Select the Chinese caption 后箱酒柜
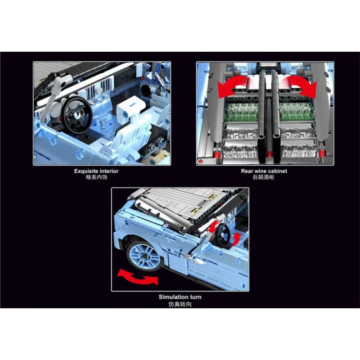coord(264,177)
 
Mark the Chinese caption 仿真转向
coord(180,304)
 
